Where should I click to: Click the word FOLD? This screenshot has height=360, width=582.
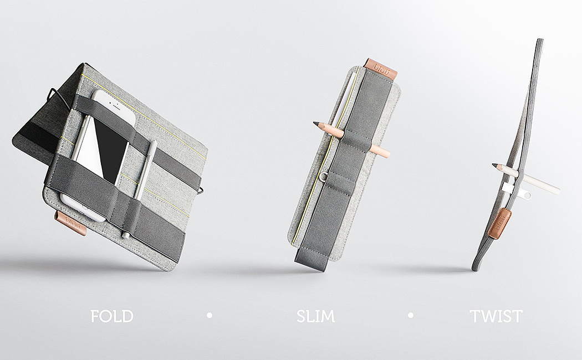[112, 316]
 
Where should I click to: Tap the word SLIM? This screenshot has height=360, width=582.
[315, 316]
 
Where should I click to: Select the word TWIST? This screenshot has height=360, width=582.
[496, 316]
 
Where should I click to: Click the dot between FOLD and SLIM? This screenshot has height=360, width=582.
[210, 316]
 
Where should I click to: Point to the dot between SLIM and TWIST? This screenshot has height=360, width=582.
[411, 316]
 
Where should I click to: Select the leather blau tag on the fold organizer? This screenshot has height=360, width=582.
[71, 223]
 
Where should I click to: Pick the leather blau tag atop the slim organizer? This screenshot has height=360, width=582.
[380, 69]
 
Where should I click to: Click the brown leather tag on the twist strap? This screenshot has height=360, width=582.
[499, 223]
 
